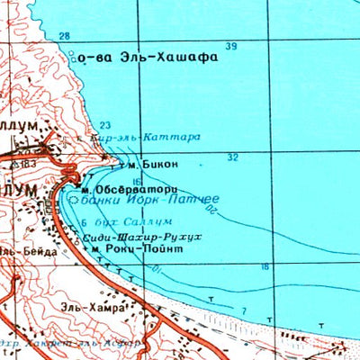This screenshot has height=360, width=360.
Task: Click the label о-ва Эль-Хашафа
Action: coord(148,57)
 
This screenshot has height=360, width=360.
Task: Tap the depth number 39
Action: coord(232,47)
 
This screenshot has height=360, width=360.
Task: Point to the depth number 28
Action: coord(64,36)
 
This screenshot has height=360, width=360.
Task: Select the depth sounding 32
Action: coord(233,157)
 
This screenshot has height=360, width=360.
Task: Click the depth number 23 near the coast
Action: coord(105,125)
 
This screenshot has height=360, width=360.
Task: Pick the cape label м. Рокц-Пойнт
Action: coord(144,247)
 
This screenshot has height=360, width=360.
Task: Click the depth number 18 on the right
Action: coord(265,266)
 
